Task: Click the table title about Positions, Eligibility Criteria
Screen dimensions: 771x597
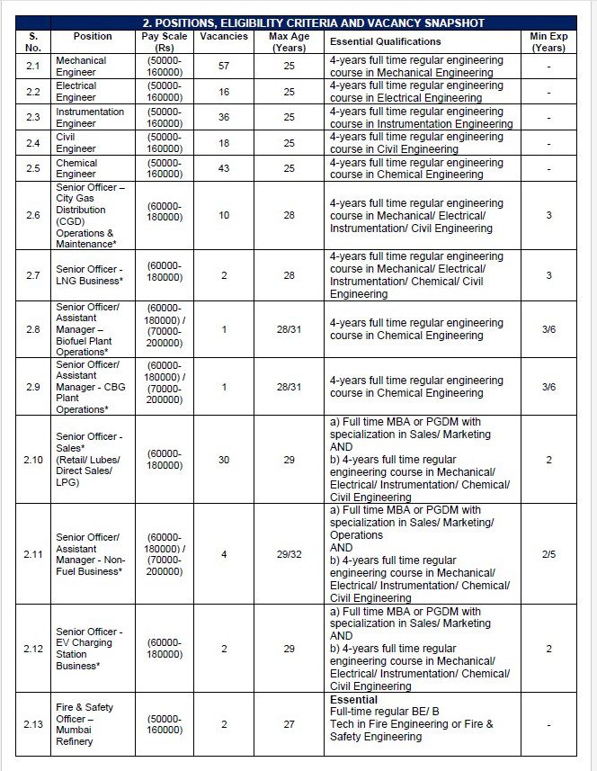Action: click(x=314, y=22)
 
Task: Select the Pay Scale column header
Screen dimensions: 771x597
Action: click(x=165, y=41)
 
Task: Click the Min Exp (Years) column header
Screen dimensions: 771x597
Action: click(x=548, y=41)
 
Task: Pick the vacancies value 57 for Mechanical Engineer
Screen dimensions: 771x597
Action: click(x=224, y=67)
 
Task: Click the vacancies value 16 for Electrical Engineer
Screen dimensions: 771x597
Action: click(x=224, y=92)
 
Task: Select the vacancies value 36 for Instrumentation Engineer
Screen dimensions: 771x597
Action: click(x=224, y=117)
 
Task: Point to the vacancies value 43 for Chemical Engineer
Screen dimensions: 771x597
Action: click(x=224, y=168)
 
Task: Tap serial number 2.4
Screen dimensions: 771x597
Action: click(x=32, y=143)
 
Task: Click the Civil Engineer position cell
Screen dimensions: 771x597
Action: click(x=76, y=143)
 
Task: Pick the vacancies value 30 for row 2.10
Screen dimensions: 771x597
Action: click(x=224, y=459)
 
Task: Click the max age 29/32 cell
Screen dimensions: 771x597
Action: click(x=290, y=554)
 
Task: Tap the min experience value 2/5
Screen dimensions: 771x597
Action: click(x=548, y=554)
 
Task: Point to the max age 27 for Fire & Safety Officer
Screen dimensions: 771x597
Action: click(x=290, y=724)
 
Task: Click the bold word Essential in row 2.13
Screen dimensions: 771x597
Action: click(x=353, y=699)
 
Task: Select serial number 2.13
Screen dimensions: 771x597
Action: click(x=32, y=724)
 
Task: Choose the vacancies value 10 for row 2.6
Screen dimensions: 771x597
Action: click(x=224, y=216)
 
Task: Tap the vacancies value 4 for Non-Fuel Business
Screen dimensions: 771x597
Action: click(x=224, y=554)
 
